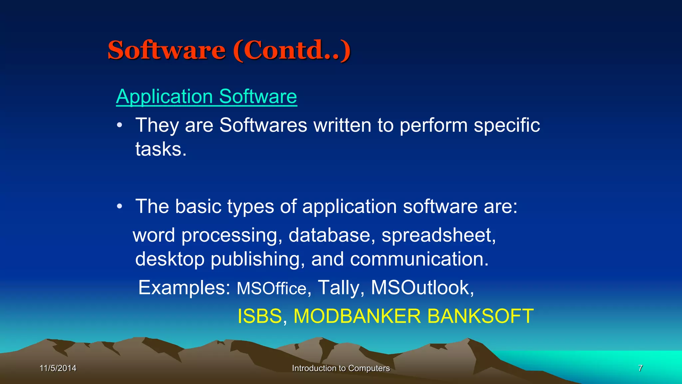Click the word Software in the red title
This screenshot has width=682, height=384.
167,50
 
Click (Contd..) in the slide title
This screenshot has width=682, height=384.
292,50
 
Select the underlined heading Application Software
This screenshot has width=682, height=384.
206,97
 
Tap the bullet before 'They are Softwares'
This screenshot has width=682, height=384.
120,126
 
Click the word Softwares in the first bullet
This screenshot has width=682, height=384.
263,125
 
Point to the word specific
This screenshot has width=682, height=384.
507,126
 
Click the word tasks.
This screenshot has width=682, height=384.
161,149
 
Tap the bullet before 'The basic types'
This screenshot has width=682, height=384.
120,207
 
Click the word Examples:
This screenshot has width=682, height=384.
184,288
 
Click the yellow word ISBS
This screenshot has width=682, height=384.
260,316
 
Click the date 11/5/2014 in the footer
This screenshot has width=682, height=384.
58,368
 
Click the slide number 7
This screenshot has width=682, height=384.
640,368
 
